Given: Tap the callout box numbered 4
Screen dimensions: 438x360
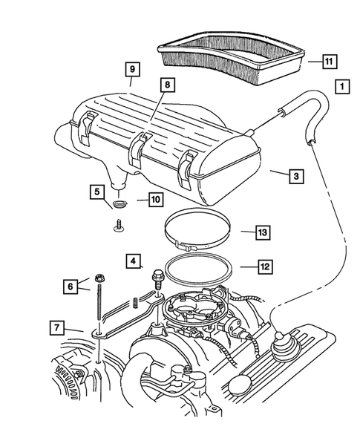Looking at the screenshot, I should coord(132,261).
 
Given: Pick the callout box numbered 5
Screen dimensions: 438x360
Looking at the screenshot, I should coord(98,192).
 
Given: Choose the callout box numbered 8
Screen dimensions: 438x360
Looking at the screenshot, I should coord(168,85).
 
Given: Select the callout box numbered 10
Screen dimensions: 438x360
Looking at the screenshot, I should coord(154,199).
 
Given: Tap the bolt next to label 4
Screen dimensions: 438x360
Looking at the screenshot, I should coord(157,278).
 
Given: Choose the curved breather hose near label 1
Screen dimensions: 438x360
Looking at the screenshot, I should coord(304,108).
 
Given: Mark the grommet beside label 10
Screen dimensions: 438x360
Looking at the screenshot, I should coord(121,202).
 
